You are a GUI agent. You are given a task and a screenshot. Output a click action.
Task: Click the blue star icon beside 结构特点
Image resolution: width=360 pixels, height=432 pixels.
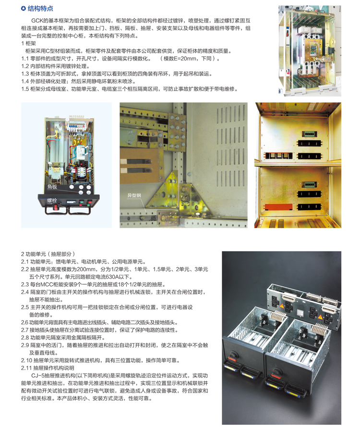24,9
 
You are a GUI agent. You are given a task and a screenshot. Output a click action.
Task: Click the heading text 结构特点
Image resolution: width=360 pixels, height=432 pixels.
40,9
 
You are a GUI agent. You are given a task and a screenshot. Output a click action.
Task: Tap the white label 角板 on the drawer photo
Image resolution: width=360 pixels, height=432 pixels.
52,187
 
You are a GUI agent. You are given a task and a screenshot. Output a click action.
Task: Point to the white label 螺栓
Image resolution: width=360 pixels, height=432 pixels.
52,201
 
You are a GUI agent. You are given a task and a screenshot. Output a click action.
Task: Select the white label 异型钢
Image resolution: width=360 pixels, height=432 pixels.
134,195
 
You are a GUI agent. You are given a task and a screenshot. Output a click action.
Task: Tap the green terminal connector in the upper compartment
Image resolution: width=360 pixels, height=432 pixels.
310,134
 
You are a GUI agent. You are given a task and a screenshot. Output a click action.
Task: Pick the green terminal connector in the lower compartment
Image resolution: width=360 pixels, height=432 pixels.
310,184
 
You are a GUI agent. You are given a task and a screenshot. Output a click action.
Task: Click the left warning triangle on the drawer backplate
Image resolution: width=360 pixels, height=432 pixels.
282,306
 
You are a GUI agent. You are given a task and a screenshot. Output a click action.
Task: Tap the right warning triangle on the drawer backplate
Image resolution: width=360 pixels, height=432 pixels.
320,317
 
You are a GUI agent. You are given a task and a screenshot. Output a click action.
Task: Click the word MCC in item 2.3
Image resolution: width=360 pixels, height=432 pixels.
47,285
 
